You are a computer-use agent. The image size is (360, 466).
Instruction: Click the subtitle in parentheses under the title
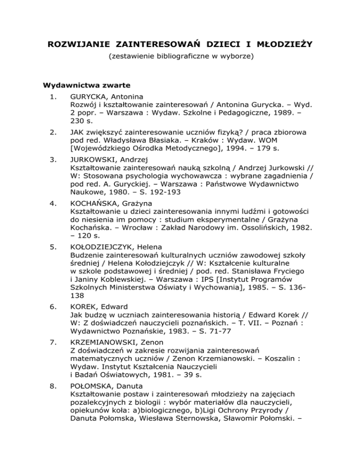tap(180, 58)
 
